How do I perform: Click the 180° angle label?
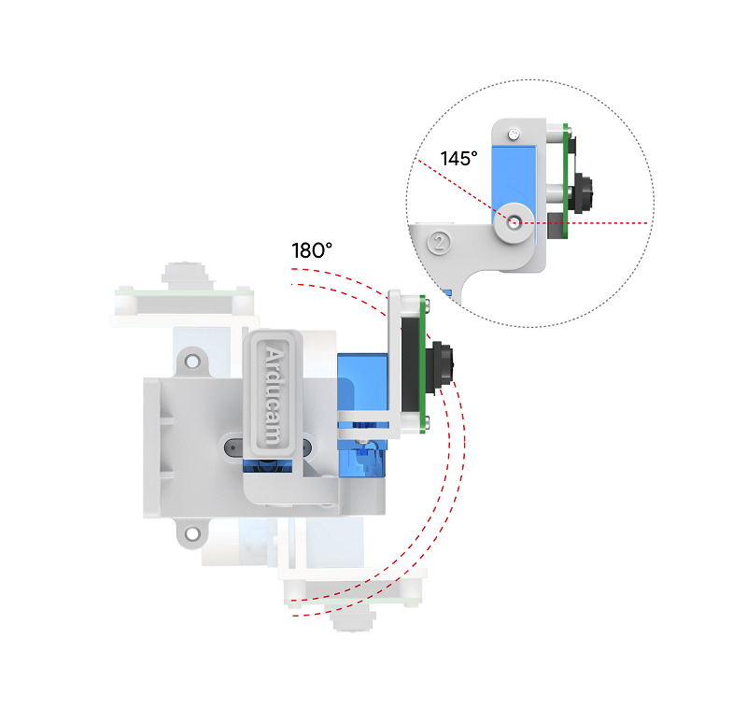click(x=312, y=250)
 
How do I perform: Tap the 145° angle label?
click(x=458, y=158)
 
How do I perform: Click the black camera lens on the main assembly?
click(x=442, y=361)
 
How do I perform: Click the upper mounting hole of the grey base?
click(x=191, y=358)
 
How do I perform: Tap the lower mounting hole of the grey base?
click(x=191, y=533)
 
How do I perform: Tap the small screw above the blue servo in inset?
click(x=515, y=135)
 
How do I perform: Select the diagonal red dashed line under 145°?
click(x=458, y=188)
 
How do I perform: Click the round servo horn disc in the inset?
click(x=511, y=225)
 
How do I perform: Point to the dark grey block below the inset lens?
click(x=557, y=222)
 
